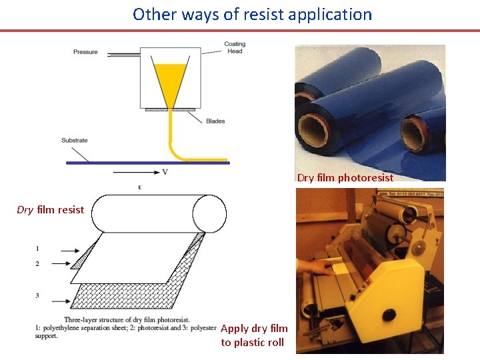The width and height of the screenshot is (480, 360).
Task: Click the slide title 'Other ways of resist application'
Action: tap(252, 14)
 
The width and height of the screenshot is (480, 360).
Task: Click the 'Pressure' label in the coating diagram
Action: tap(85, 52)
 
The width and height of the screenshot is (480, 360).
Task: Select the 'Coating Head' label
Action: tap(235, 48)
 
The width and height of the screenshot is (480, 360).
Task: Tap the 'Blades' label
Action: tap(215, 121)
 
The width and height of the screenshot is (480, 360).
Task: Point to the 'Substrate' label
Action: tap(74, 141)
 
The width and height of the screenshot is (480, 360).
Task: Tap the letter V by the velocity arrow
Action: tap(165, 172)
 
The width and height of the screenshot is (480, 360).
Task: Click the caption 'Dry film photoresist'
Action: tap(345, 177)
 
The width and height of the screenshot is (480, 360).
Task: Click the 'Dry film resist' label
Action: tap(51, 210)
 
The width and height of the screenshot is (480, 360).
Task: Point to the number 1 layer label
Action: tap(37, 249)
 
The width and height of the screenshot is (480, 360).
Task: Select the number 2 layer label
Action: tap(37, 264)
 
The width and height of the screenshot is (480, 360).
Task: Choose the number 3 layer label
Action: tap(37, 295)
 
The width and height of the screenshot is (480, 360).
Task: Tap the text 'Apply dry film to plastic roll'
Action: tap(254, 335)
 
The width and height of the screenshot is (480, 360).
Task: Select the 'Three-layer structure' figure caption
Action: tap(126, 327)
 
